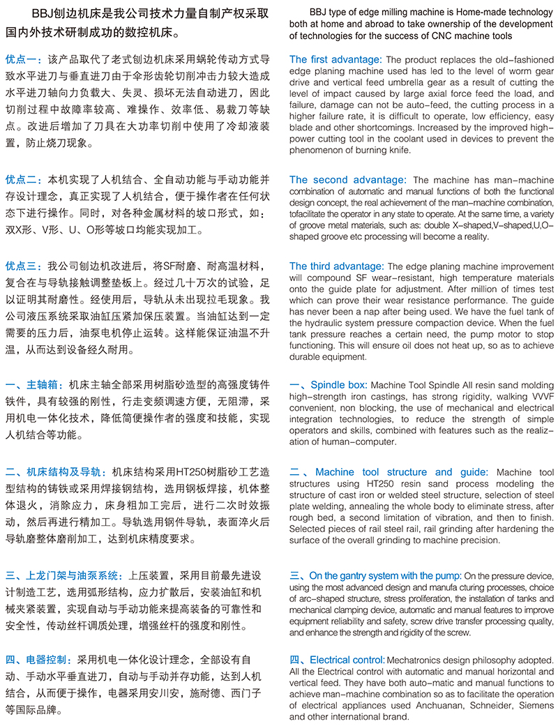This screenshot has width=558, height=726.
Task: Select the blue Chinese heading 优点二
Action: [24, 179]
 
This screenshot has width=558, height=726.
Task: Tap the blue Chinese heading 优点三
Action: [24, 266]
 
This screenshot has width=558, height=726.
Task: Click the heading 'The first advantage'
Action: [335, 60]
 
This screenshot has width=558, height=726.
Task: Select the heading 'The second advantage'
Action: [347, 180]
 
